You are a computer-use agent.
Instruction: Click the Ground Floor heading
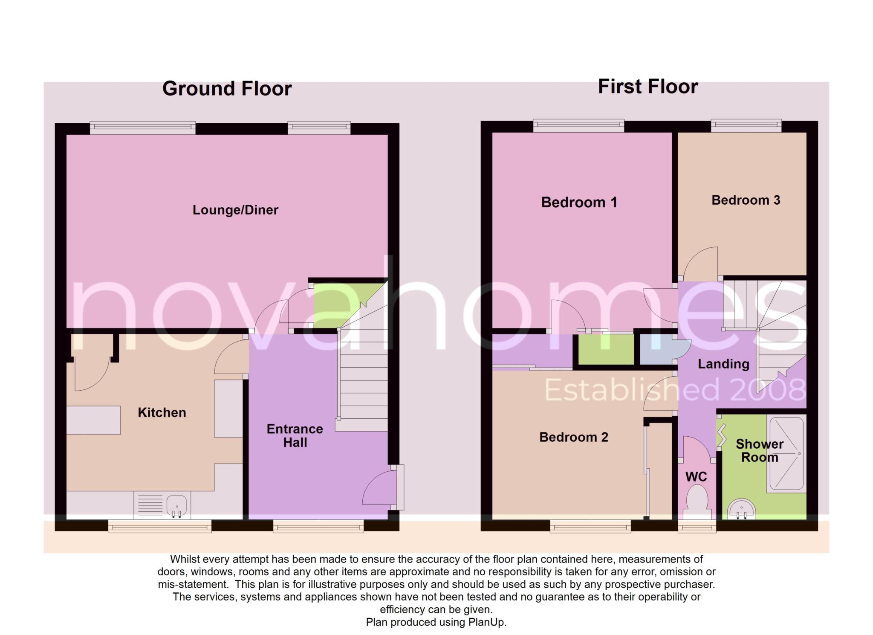pyautogui.click(x=227, y=89)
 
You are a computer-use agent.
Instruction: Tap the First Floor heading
pyautogui.click(x=648, y=87)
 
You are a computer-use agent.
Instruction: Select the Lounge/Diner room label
pyautogui.click(x=235, y=210)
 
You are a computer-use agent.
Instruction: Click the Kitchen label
pyautogui.click(x=162, y=412)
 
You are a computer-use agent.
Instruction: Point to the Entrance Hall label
pyautogui.click(x=295, y=435)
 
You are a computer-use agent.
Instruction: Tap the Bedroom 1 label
pyautogui.click(x=579, y=202)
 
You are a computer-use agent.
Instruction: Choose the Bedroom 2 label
pyautogui.click(x=574, y=437)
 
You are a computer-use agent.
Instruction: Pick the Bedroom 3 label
pyautogui.click(x=746, y=200)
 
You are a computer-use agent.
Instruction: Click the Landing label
pyautogui.click(x=723, y=364)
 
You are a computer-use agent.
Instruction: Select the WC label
pyautogui.click(x=697, y=476)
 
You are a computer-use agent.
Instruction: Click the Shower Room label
pyautogui.click(x=760, y=451)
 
